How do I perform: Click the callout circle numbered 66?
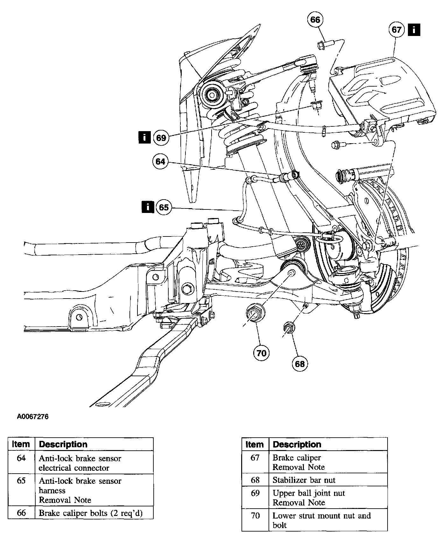[315, 20]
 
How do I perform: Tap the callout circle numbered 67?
[396, 30]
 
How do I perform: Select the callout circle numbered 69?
[161, 138]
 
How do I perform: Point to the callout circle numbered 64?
[160, 162]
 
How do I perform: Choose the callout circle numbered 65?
[164, 208]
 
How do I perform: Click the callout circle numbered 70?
[261, 353]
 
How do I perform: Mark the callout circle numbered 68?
[300, 364]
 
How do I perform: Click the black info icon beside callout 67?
[414, 30]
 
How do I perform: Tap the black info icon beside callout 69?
[144, 138]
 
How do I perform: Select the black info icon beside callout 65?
[148, 207]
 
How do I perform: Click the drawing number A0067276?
[33, 417]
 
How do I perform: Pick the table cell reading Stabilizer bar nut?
[304, 480]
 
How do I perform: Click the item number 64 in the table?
[21, 458]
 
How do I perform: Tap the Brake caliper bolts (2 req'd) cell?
[91, 513]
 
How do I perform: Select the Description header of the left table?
[63, 444]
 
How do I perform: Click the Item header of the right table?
[255, 444]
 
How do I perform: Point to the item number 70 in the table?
[255, 515]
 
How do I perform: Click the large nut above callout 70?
[255, 313]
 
